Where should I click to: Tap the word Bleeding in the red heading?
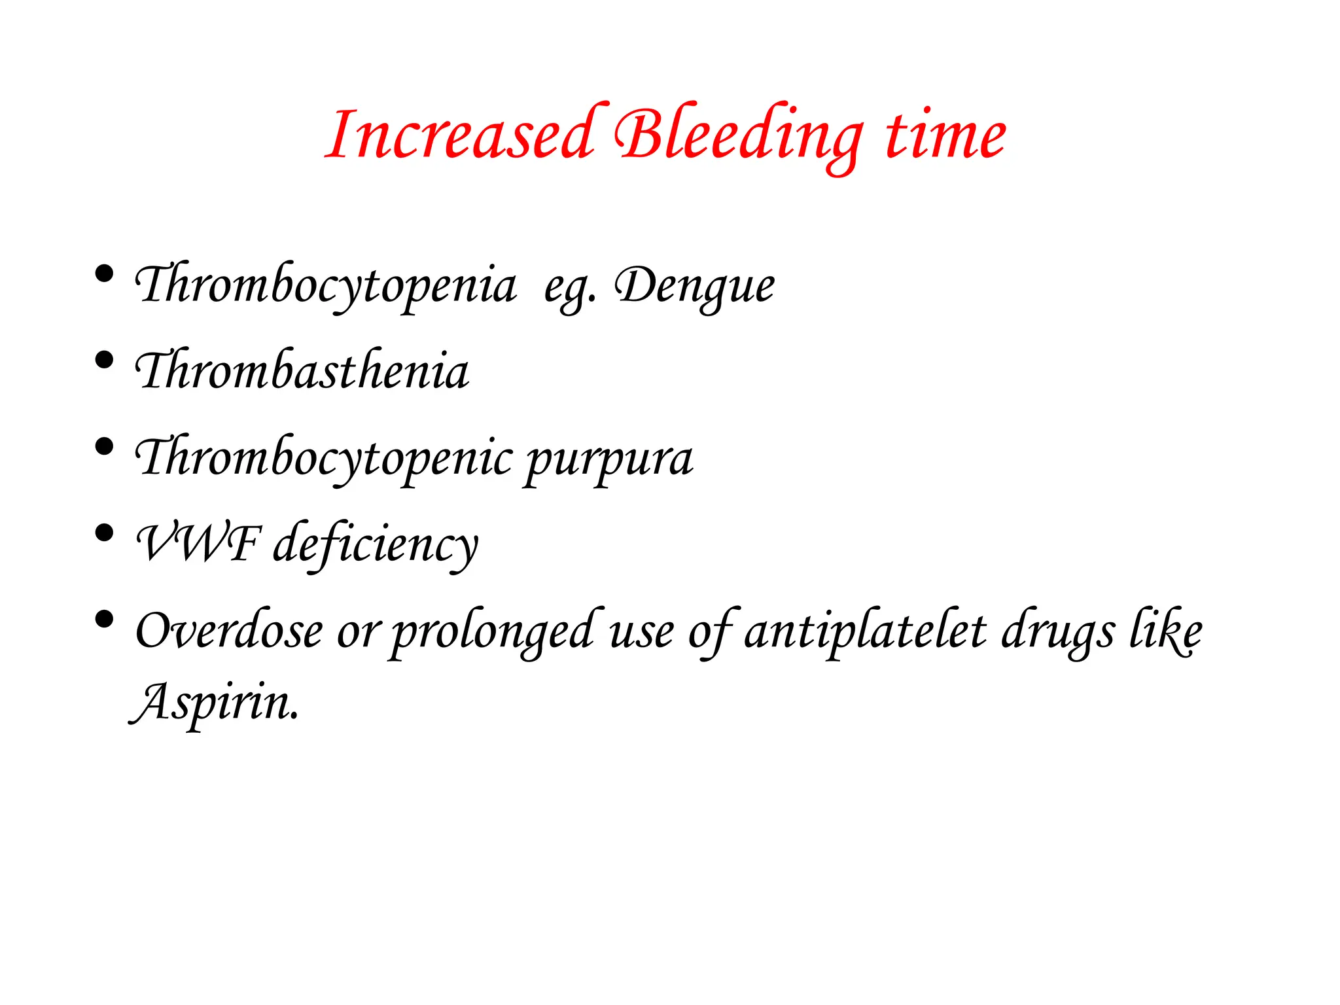coord(738,135)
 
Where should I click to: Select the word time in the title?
coord(945,135)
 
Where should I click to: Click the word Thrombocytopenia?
coord(325,285)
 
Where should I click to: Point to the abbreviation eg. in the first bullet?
coord(569,288)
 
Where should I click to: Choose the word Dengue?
coord(695,287)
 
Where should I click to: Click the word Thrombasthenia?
coord(302,370)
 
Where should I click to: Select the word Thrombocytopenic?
coord(323,457)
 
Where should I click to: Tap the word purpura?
coord(608,459)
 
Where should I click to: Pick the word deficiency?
coord(376,544)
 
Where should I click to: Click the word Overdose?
coord(229,631)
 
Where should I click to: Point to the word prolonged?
coord(492,632)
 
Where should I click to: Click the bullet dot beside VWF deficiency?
coord(104,533)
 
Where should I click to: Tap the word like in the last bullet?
coord(1167,631)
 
